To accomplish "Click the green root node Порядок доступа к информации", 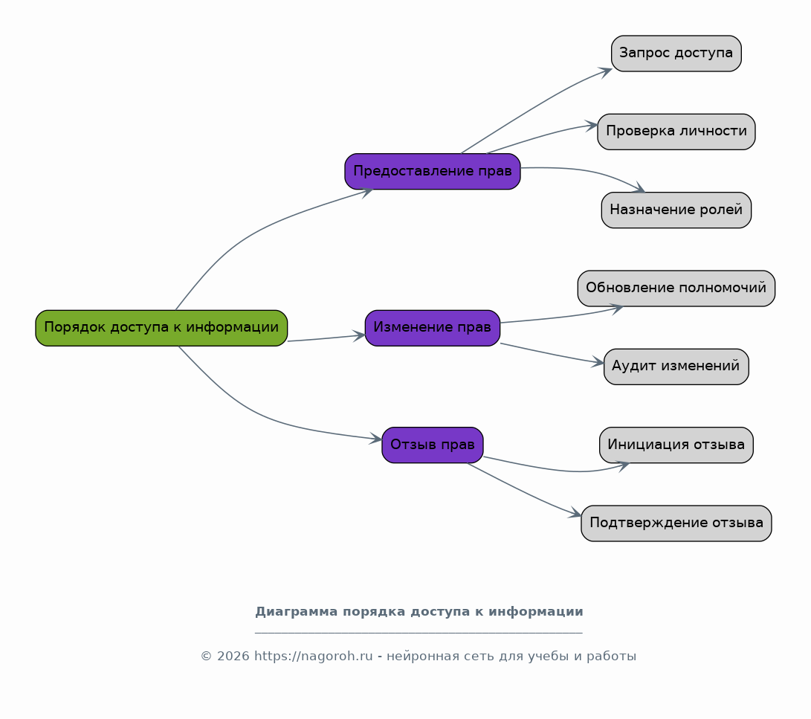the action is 161,328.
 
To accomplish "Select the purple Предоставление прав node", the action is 433,171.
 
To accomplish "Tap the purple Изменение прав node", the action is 433,328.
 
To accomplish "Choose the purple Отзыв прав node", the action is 433,445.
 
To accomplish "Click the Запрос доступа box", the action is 676,54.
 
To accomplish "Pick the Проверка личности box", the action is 676,132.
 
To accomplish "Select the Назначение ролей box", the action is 676,210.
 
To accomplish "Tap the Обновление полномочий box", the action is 676,288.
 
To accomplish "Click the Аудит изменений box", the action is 676,367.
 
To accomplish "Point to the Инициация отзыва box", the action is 676,445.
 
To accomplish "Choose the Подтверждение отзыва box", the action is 676,523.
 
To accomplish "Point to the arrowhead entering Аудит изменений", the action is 598,362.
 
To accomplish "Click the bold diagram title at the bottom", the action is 419,612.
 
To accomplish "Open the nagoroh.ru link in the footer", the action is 314,657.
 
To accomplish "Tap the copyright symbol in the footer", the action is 207,657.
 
